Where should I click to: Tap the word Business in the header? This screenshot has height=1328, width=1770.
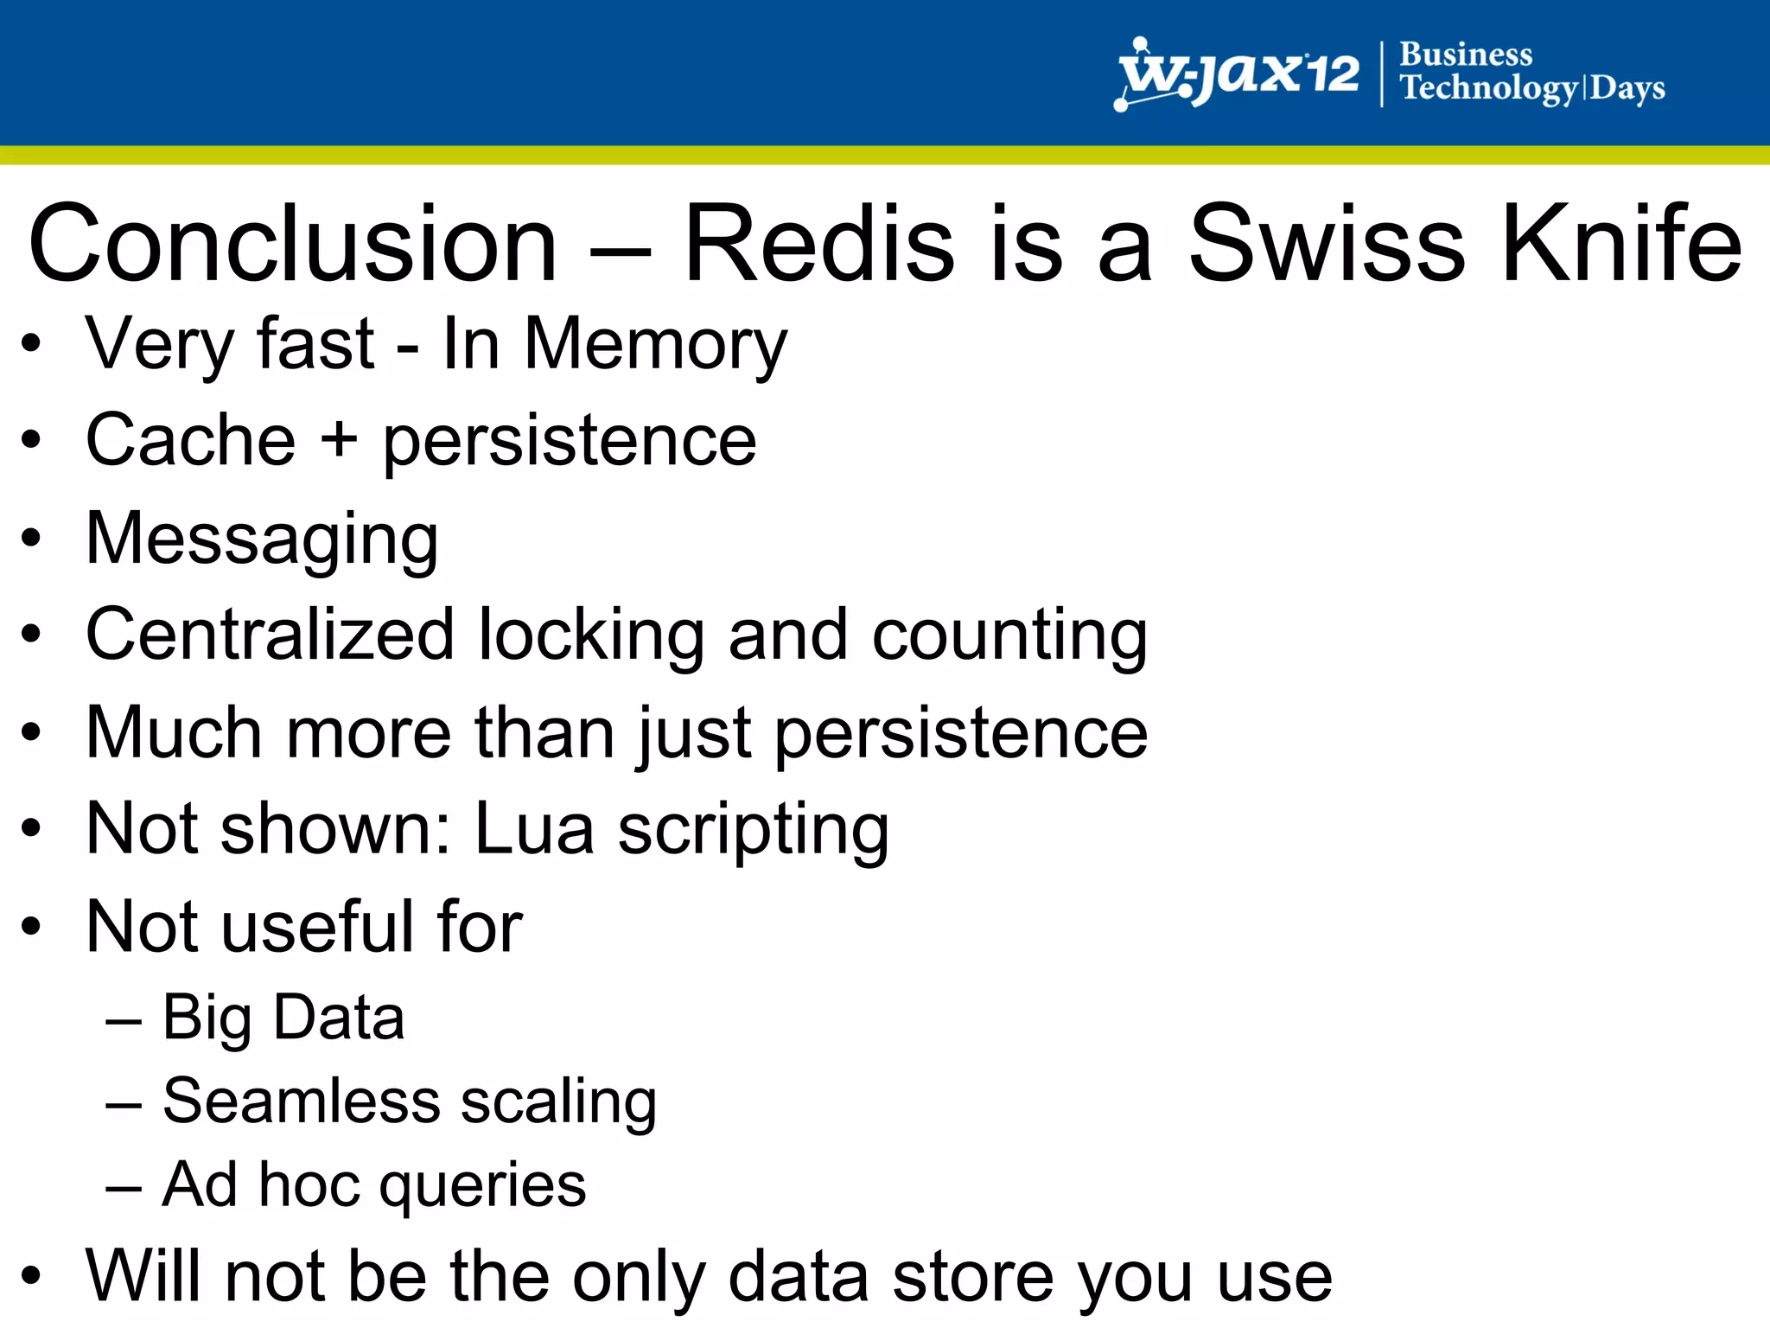click(1466, 54)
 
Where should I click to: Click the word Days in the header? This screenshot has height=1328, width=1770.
click(1627, 88)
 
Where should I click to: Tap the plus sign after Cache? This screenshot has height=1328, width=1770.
click(339, 439)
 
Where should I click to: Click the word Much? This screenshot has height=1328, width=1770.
click(173, 733)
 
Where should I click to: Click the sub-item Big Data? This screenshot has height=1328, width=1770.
click(283, 1018)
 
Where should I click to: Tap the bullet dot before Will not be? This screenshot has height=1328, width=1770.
click(31, 1276)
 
